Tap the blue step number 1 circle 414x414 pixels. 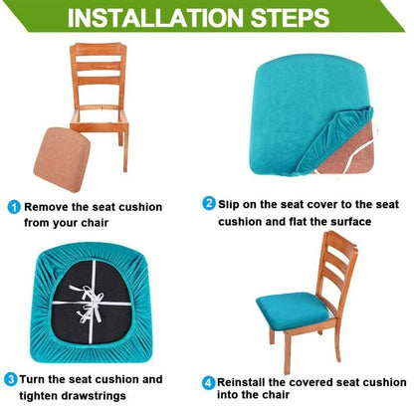13,207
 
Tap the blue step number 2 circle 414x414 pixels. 208,203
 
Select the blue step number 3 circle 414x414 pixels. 10,379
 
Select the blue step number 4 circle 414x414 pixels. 208,382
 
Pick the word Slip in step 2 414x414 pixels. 232,203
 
